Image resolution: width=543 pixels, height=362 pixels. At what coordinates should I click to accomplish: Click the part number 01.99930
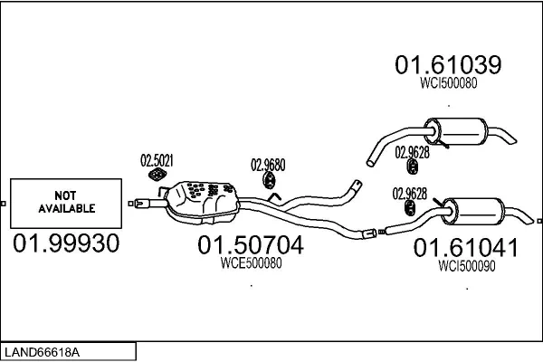66,243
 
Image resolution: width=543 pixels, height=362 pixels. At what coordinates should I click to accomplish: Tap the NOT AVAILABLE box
66,204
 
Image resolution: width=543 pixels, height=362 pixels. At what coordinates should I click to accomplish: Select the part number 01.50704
251,244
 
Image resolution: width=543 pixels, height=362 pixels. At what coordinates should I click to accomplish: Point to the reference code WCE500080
251,263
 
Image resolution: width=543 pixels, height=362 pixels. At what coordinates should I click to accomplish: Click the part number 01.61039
448,64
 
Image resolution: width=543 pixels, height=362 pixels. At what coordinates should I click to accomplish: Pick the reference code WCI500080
449,82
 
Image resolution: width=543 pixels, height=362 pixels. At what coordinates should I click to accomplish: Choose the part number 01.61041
466,247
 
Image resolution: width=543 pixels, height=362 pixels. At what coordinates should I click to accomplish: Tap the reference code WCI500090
466,266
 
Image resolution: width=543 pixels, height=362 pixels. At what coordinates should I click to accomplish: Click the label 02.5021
157,160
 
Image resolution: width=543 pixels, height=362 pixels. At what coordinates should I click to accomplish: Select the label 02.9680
268,165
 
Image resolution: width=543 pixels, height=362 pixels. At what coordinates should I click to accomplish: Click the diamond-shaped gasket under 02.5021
157,175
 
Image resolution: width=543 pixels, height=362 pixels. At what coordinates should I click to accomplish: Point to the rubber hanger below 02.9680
269,180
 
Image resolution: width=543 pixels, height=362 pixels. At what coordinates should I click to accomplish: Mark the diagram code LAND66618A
42,352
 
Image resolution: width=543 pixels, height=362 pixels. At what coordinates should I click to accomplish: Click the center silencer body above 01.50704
203,203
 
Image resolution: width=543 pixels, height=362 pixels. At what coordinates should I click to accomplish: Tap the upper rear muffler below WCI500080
456,131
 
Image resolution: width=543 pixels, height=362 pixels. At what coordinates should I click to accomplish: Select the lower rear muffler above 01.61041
473,212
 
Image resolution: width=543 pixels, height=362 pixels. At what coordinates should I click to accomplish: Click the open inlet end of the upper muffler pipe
370,162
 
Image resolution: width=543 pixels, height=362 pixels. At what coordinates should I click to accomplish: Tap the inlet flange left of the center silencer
142,204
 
